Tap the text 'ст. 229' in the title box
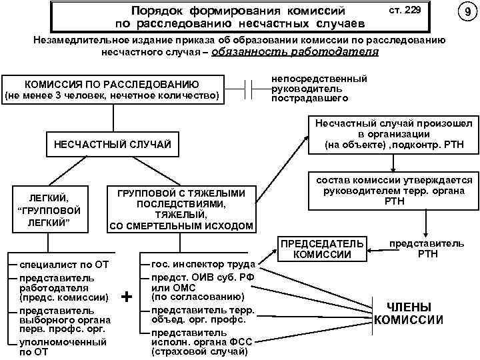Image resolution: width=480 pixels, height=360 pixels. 405,9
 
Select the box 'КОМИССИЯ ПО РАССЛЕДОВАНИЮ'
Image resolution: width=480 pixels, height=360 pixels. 112,89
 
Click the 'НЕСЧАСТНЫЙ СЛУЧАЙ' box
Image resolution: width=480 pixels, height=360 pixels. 112,145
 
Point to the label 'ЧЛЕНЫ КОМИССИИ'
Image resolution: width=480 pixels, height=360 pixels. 409,314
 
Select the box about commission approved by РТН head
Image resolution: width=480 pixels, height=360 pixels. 393,191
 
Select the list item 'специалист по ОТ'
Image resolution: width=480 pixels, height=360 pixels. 64,265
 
